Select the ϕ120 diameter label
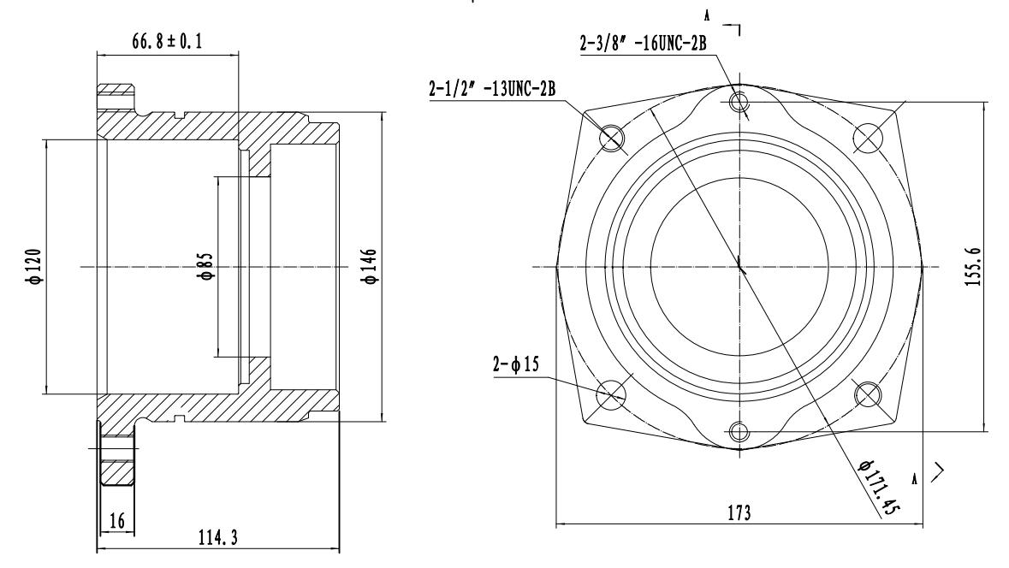point(33,267)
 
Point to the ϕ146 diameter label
point(371,267)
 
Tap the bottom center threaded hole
point(740,431)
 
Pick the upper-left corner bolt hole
point(614,136)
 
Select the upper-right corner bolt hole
point(867,136)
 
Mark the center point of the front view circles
point(740,267)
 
